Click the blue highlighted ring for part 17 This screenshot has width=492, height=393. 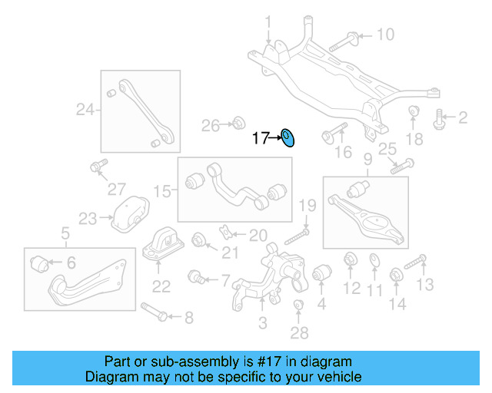(x=288, y=138)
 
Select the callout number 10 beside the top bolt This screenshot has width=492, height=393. (x=384, y=35)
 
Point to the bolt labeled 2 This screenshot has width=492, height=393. (x=440, y=118)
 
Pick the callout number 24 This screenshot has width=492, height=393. (x=84, y=111)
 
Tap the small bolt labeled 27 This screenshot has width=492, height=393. (x=97, y=167)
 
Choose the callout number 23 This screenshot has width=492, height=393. (x=87, y=220)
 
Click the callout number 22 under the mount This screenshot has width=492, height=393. (x=161, y=287)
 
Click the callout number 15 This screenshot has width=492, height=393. (x=161, y=190)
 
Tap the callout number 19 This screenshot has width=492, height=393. (x=307, y=205)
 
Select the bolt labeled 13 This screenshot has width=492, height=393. (x=414, y=264)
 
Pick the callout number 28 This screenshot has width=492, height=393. (x=299, y=332)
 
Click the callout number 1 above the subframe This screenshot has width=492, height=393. (x=268, y=20)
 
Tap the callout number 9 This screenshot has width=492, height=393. (x=367, y=160)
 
